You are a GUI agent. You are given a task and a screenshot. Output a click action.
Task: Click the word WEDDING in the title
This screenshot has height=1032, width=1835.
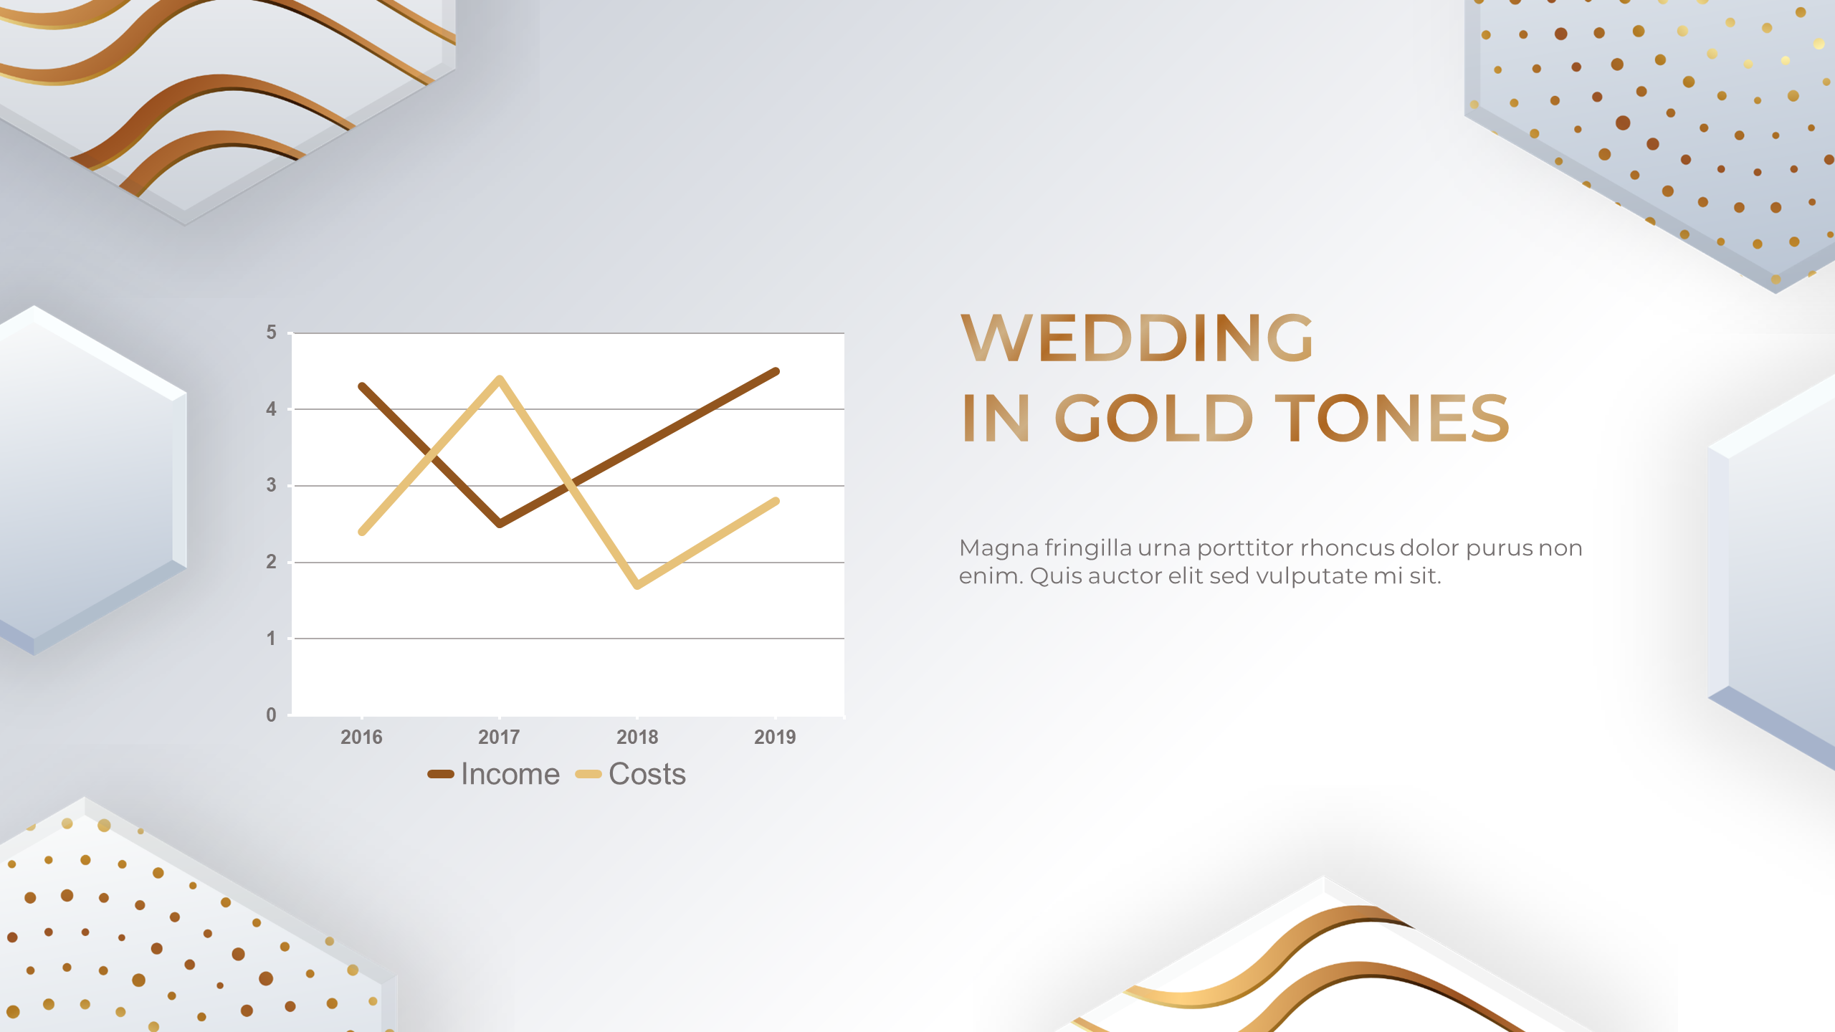[x=1137, y=338]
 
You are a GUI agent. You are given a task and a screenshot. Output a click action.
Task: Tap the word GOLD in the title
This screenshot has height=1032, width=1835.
[x=1153, y=418]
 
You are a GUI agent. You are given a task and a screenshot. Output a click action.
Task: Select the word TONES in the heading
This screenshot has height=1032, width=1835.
[x=1392, y=418]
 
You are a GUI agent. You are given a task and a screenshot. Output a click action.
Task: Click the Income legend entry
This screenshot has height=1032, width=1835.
[x=493, y=774]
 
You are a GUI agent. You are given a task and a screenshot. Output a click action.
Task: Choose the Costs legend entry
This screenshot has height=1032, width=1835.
[x=631, y=774]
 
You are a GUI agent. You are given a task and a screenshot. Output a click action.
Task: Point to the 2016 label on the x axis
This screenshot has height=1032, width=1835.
[x=361, y=737]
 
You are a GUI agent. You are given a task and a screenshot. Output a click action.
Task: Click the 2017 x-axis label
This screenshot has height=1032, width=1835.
[x=499, y=737]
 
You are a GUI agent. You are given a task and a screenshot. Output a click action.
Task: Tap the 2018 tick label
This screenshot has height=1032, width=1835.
[x=637, y=737]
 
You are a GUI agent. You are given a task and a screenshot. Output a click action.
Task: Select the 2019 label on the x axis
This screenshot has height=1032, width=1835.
[x=775, y=737]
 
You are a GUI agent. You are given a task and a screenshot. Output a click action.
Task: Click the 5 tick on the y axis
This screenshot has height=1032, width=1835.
[x=271, y=333]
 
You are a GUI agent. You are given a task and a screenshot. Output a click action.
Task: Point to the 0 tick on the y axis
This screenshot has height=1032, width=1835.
[x=271, y=715]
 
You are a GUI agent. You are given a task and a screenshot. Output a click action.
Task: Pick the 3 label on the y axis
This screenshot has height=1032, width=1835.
[x=271, y=485]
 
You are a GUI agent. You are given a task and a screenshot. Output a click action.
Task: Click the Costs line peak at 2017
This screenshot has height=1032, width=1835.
[x=500, y=378]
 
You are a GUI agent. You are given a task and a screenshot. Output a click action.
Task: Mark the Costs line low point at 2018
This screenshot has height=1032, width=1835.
[x=637, y=586]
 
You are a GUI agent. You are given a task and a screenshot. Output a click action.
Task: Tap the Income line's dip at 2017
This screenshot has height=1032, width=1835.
[x=500, y=524]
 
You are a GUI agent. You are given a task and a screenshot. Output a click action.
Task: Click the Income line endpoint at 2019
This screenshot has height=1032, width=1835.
[x=776, y=371]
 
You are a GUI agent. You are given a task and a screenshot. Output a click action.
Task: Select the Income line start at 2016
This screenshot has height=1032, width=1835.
[x=362, y=386]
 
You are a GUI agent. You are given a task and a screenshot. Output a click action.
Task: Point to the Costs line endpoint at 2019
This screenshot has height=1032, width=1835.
[x=776, y=501]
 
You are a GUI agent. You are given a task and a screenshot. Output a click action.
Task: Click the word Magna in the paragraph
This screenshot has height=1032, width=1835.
[x=998, y=549]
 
